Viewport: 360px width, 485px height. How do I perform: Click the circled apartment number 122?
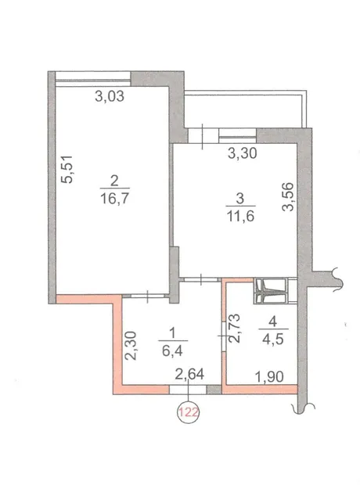[188, 412]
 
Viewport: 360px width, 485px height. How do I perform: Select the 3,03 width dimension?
[110, 96]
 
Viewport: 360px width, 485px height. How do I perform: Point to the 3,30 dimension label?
[243, 153]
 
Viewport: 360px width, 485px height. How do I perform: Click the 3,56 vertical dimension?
[287, 196]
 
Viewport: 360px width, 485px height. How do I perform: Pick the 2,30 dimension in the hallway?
[131, 346]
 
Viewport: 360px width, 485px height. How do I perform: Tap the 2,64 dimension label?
[189, 374]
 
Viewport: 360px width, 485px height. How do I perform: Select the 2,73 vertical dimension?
[234, 328]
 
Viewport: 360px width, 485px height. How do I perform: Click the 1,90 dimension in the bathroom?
[269, 377]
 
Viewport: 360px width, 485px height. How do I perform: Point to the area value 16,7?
[114, 198]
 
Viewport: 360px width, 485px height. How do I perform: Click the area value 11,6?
[240, 216]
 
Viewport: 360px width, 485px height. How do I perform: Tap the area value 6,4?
[172, 350]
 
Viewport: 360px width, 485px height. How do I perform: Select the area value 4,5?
[272, 339]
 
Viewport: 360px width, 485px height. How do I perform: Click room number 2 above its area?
[114, 181]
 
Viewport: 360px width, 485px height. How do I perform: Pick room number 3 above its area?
[240, 199]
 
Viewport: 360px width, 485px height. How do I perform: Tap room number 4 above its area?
[272, 322]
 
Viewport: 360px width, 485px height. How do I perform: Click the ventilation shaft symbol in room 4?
[270, 291]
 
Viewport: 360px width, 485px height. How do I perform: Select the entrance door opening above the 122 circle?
[188, 390]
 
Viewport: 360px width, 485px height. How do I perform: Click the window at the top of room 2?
[93, 78]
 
